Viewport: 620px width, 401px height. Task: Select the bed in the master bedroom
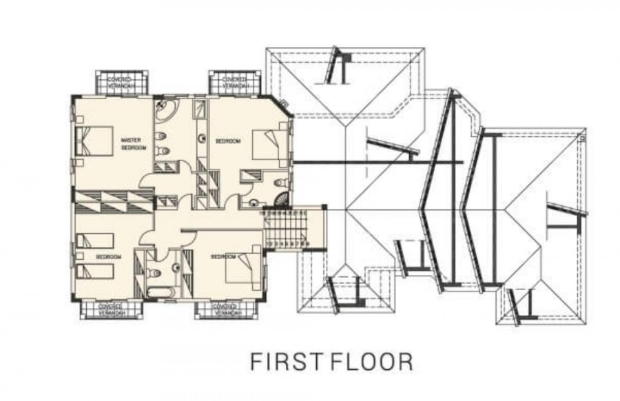[x=94, y=142]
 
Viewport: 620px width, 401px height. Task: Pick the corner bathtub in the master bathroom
[x=166, y=110]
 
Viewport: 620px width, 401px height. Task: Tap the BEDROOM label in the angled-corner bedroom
[x=228, y=141]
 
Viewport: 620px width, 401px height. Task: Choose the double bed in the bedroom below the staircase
[x=243, y=268]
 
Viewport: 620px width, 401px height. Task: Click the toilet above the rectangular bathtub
[x=155, y=274]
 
